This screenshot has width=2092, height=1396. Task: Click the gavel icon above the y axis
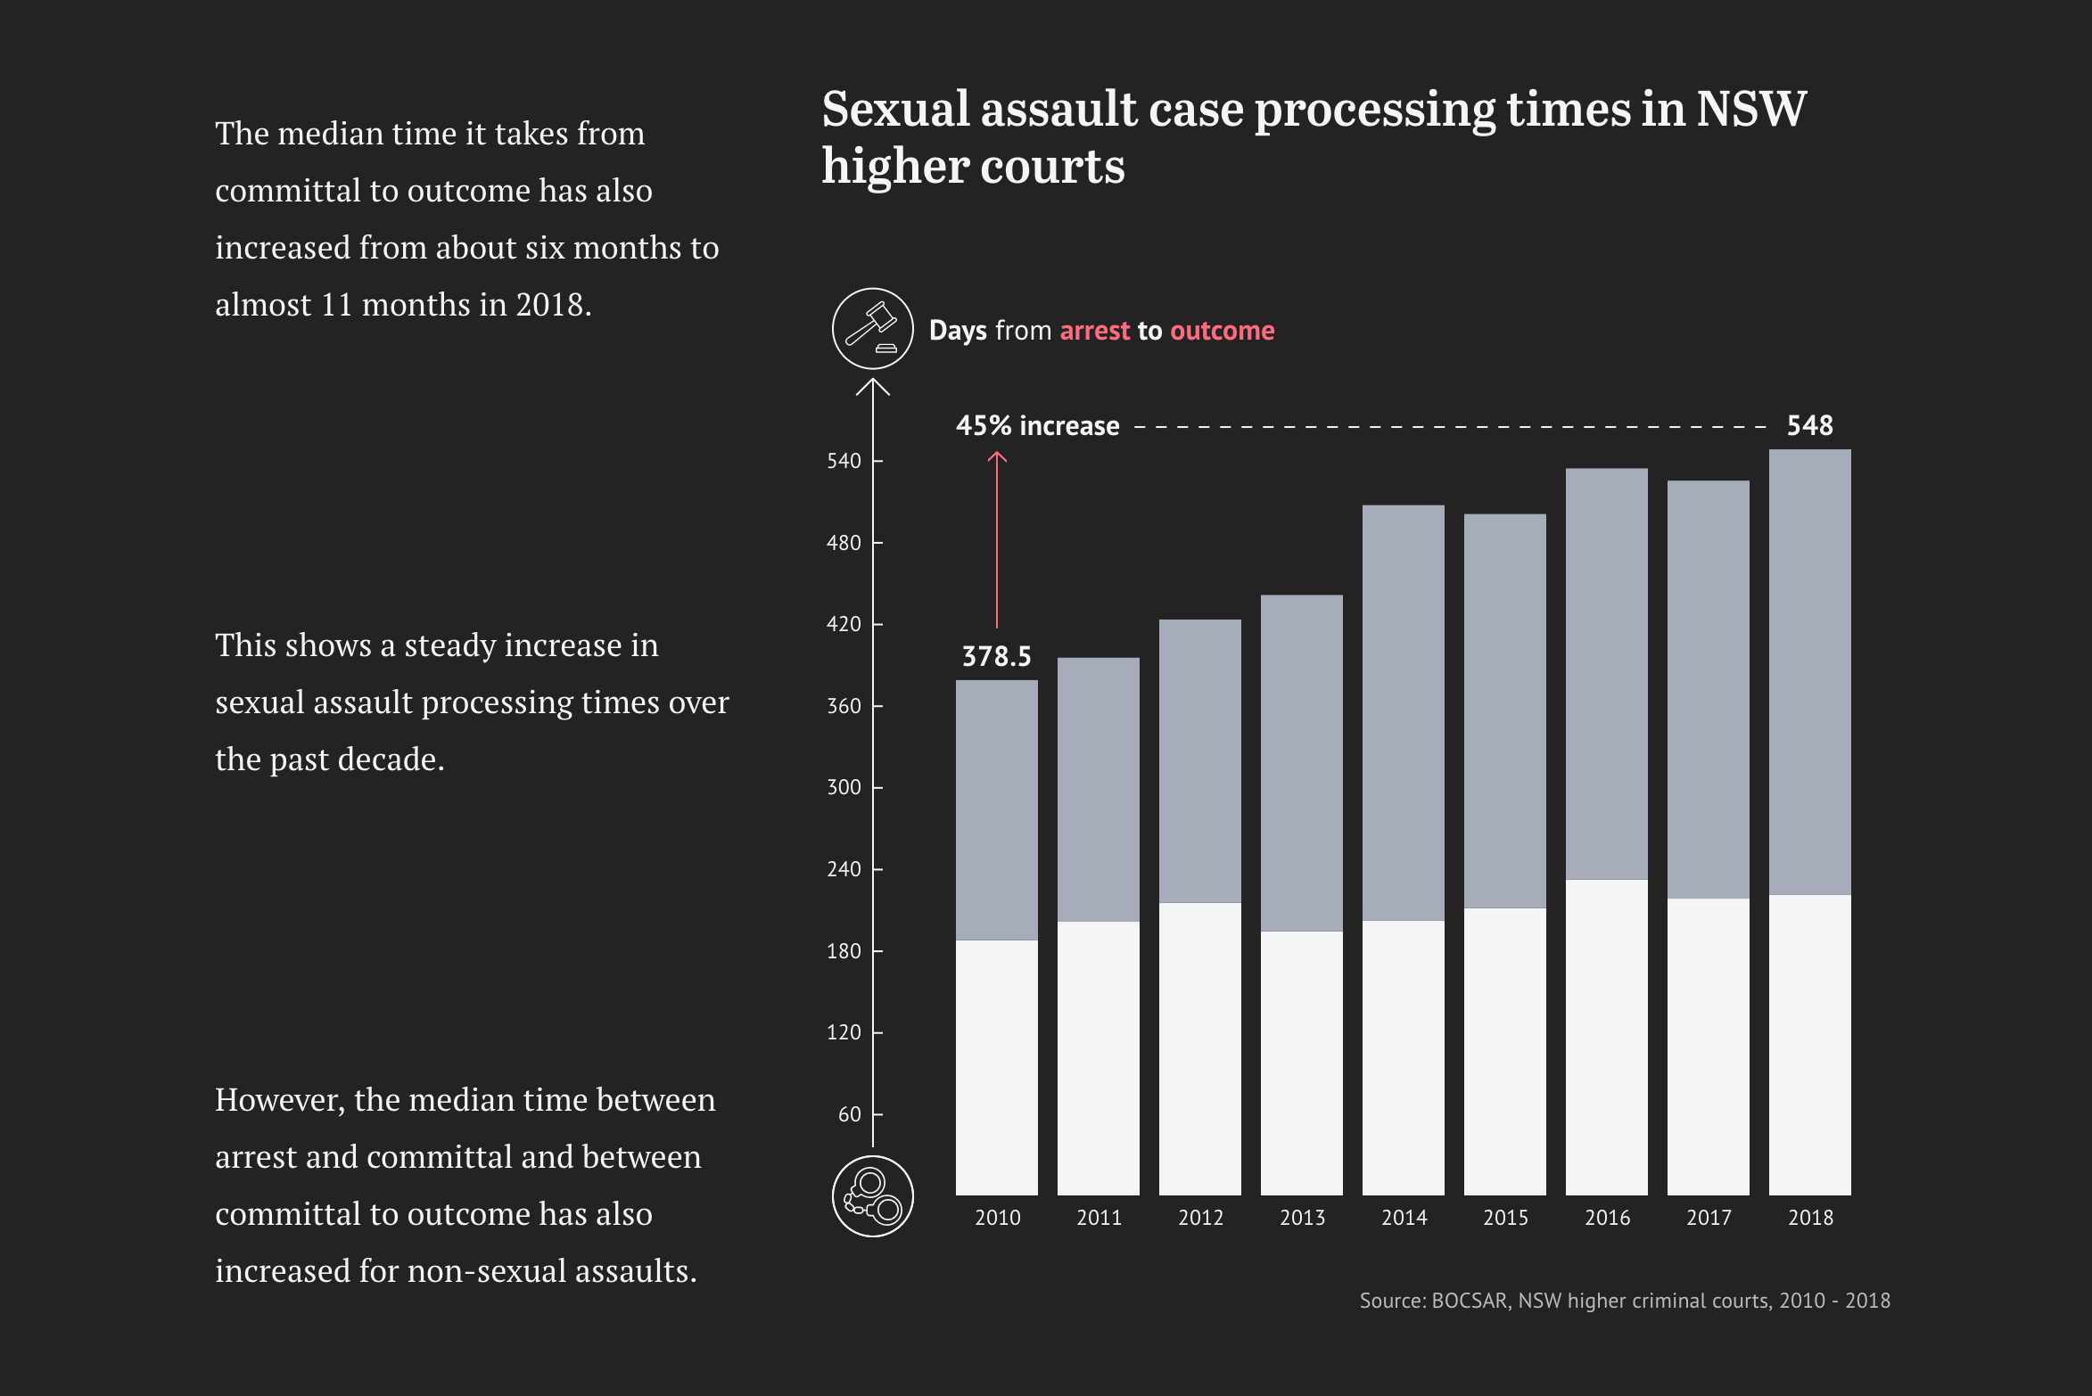[872, 328]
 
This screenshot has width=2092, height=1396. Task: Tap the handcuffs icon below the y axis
[872, 1195]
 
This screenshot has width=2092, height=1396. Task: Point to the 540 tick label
[844, 461]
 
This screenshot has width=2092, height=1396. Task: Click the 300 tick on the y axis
[844, 787]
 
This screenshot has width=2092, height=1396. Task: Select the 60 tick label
[849, 1114]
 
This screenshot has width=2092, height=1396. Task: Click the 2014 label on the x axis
[1404, 1218]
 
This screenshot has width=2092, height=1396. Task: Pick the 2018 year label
[1810, 1218]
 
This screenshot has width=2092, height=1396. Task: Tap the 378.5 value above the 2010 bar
[996, 657]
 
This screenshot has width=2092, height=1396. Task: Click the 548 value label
[1809, 425]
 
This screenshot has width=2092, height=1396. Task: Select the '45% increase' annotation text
[1037, 426]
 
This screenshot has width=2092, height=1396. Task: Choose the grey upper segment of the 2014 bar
[1404, 713]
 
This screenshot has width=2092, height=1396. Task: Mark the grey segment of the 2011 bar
[1099, 789]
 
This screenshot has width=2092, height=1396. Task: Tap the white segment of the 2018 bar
[1810, 1043]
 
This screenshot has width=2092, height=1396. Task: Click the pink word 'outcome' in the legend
[1222, 331]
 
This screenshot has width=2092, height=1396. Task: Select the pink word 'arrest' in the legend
[1095, 331]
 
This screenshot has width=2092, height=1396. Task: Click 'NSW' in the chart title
[1750, 110]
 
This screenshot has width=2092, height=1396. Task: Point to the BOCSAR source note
[1624, 1301]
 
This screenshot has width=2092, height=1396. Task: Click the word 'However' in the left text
[279, 1100]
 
